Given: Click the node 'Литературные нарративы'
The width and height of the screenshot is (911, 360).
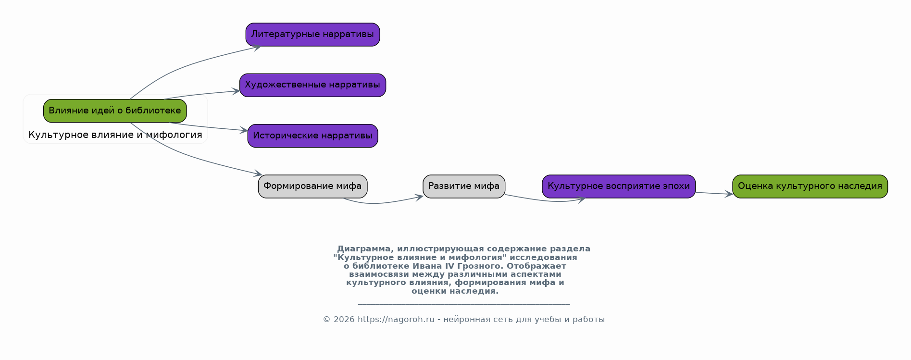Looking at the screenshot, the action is click(312, 35).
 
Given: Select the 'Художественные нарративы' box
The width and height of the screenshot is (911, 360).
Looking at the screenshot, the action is click(312, 85).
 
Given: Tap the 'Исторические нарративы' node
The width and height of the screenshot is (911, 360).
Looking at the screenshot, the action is click(312, 136).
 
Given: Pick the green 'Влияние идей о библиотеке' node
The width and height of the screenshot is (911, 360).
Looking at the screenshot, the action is click(115, 111).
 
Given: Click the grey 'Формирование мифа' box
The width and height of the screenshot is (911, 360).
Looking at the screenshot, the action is click(312, 186).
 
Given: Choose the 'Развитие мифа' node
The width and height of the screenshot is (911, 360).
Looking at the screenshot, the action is click(464, 186).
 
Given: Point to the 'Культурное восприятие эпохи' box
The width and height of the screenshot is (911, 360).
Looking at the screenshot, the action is click(619, 186).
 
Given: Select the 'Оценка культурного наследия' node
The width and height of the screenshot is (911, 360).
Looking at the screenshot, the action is click(810, 186).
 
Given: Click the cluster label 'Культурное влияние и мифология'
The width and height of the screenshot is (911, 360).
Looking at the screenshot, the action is click(115, 135).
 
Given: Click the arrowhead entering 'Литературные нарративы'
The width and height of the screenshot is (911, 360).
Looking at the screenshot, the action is click(258, 47).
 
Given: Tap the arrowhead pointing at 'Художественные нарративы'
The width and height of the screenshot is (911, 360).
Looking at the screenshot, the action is click(236, 91).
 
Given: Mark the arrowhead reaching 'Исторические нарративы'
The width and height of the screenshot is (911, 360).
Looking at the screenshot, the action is click(244, 130).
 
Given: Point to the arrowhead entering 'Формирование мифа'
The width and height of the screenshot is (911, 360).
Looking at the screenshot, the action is click(258, 174).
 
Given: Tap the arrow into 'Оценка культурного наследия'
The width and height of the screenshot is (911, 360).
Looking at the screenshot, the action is click(714, 194).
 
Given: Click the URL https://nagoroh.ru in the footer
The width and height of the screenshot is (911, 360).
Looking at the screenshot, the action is click(396, 320).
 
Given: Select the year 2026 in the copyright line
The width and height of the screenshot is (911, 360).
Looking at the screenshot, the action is click(344, 320).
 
